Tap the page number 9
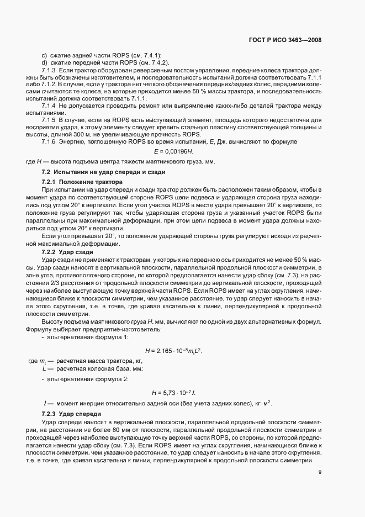[320, 472]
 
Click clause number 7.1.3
[50, 72]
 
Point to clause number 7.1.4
[50, 105]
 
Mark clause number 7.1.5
[50, 120]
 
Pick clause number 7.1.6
[50, 142]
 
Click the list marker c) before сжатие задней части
[44, 55]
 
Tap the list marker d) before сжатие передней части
[44, 63]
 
